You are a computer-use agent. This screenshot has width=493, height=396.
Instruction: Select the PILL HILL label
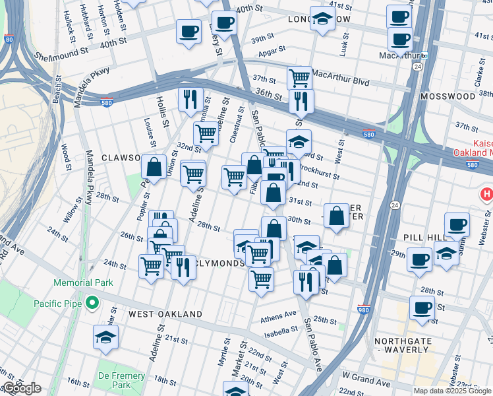click(x=426, y=236)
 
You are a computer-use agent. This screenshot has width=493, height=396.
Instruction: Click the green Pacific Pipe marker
click(x=92, y=304)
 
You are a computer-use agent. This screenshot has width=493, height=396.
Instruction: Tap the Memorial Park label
click(x=84, y=282)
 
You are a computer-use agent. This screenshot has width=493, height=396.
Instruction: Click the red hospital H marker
click(x=486, y=194)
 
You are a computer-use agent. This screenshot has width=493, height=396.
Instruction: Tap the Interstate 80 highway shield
click(x=8, y=40)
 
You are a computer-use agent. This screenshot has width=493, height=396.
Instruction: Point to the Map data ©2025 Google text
click(x=451, y=391)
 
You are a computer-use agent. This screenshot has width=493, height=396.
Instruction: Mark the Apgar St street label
click(x=272, y=49)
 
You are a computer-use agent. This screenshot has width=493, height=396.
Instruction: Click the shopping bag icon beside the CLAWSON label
click(x=154, y=168)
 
